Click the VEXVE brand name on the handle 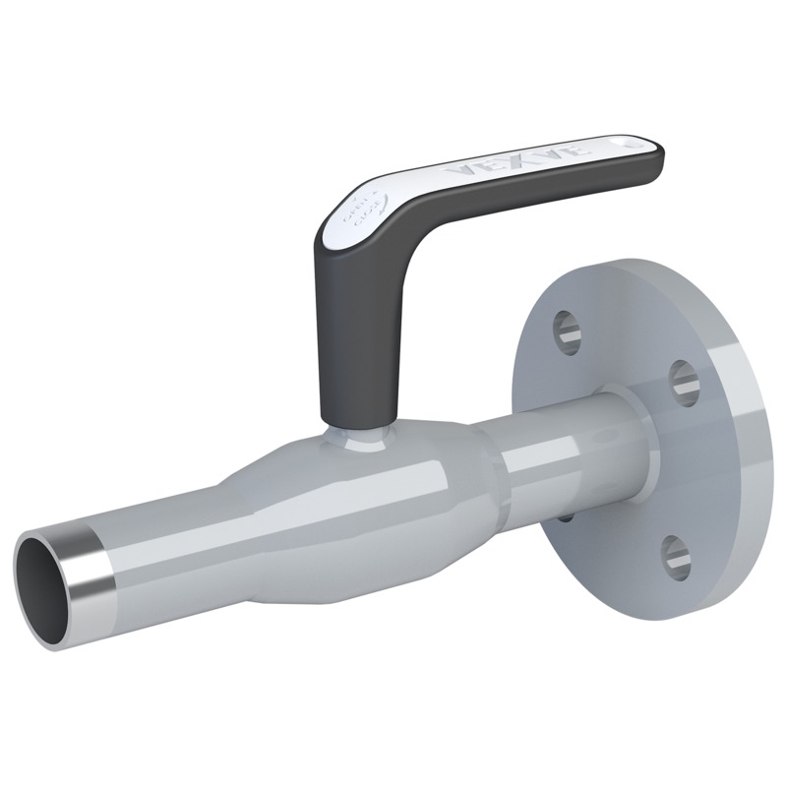click(x=515, y=160)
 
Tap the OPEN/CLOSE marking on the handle click(x=361, y=210)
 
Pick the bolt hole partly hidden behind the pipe click(x=565, y=513)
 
